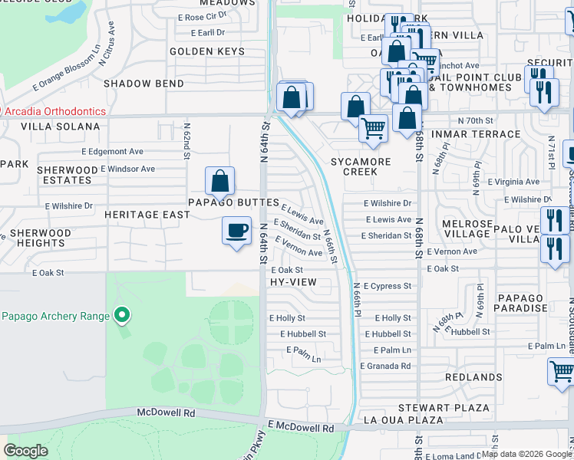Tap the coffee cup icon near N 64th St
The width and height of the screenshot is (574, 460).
click(x=236, y=230)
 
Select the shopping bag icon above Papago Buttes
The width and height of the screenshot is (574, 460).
click(x=219, y=182)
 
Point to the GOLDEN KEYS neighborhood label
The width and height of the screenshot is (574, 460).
click(x=206, y=51)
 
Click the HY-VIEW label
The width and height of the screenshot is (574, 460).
click(x=292, y=282)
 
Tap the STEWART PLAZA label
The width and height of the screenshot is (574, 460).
click(x=444, y=407)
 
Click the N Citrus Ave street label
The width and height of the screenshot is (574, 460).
click(x=107, y=47)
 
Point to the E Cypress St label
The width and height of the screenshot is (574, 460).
click(x=388, y=286)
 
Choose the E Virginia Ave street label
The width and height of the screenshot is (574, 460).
click(x=511, y=182)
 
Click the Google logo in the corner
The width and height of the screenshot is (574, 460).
click(x=26, y=451)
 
